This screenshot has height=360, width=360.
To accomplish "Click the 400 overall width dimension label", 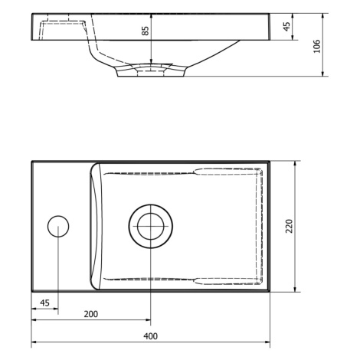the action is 150,335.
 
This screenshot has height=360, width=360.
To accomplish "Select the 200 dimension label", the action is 91,314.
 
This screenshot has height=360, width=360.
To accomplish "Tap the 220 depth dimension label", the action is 290,226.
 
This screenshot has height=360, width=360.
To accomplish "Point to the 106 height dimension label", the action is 317,46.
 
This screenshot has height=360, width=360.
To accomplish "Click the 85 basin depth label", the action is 145,31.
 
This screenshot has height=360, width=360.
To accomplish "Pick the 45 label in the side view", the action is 287,26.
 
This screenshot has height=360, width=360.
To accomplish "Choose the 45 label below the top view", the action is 44,303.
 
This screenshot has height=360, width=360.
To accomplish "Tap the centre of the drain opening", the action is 150,226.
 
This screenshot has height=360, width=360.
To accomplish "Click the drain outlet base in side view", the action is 151,73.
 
